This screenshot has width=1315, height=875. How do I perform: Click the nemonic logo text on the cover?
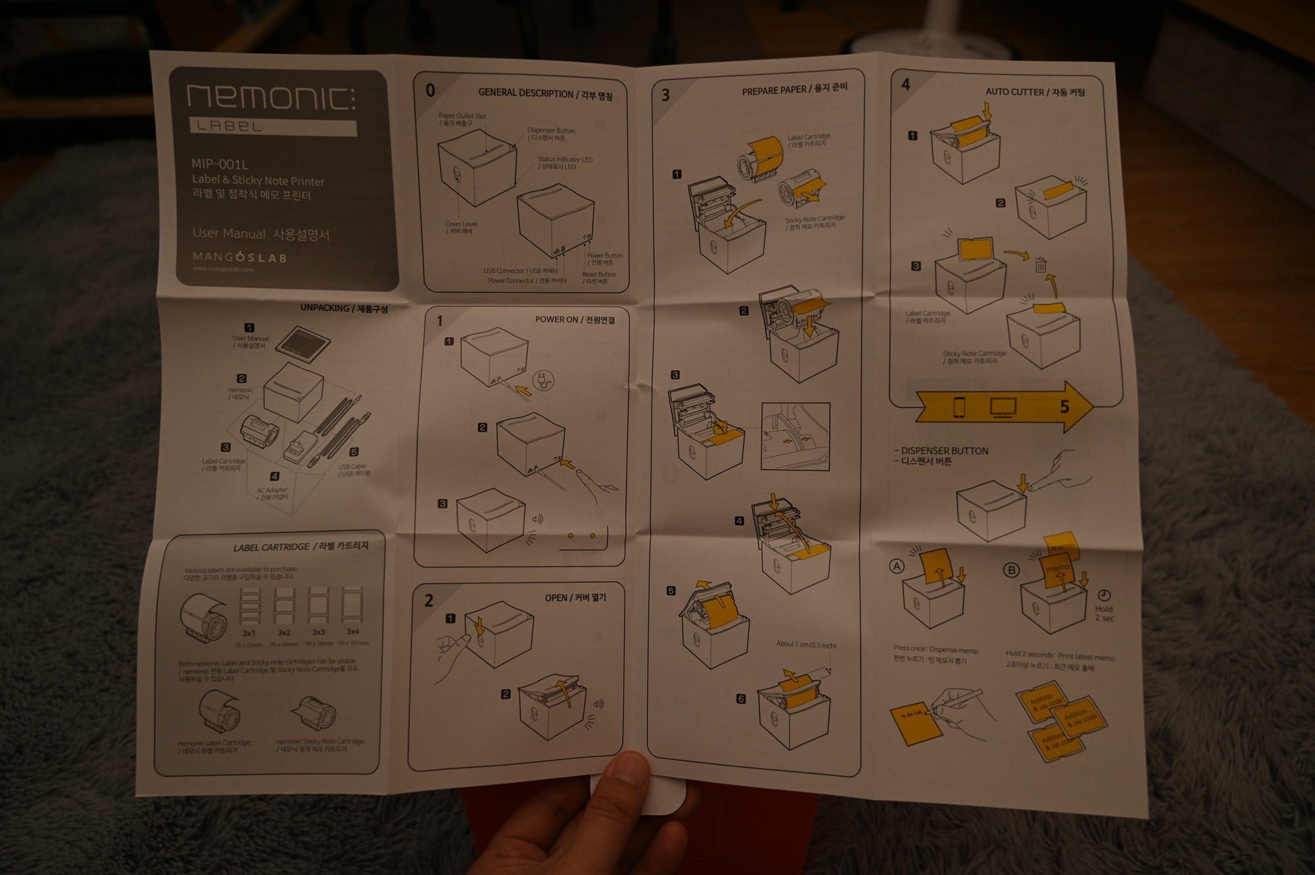click(271, 97)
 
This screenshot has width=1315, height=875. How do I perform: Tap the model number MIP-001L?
click(220, 164)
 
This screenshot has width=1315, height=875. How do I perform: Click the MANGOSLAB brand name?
click(240, 257)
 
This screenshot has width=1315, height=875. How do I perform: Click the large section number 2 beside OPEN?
click(429, 600)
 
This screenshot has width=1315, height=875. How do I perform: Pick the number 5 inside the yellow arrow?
click(1064, 407)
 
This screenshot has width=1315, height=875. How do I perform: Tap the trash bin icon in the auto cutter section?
click(1041, 265)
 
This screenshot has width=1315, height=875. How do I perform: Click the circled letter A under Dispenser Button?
click(897, 566)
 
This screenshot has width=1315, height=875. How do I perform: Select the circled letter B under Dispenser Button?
click(1011, 570)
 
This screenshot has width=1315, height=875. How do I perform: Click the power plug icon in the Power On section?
click(543, 380)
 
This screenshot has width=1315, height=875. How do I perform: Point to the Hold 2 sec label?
click(1104, 613)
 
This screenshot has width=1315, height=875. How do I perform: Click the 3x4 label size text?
click(353, 631)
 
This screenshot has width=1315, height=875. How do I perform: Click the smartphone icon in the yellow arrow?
click(959, 407)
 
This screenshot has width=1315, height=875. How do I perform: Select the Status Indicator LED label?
click(564, 160)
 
